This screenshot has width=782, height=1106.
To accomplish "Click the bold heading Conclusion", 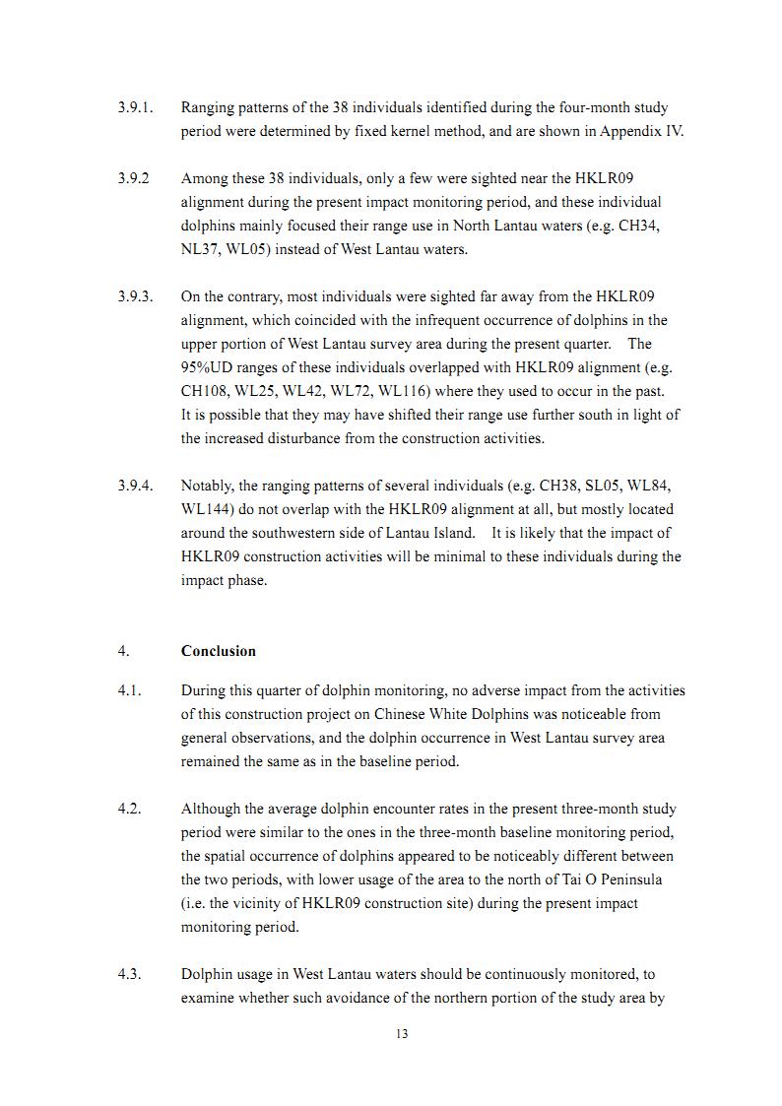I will click(218, 651).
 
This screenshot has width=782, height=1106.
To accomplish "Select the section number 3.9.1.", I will click(135, 107).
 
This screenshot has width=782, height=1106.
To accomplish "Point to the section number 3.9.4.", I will click(135, 486).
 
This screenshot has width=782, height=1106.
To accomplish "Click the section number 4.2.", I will click(129, 809).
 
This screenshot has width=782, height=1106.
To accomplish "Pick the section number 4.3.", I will click(129, 974).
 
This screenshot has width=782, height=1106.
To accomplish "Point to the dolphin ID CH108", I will click(208, 391).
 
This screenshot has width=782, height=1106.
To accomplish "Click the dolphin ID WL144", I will click(204, 509).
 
